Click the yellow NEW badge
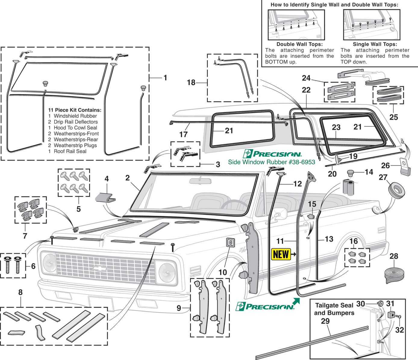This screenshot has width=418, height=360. [x=281, y=254]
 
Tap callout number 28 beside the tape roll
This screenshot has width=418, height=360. [x=394, y=256]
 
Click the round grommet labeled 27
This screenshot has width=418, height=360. [x=396, y=190]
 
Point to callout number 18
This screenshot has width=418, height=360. [x=191, y=82]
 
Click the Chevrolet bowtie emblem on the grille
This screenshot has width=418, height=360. [x=100, y=268]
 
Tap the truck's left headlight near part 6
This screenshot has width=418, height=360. [x=49, y=262]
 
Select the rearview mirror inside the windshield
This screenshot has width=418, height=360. [x=200, y=181]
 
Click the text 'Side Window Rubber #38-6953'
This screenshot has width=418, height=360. [x=271, y=162]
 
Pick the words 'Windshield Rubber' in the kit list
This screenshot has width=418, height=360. [x=75, y=116]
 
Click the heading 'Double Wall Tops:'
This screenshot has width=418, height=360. [x=299, y=44]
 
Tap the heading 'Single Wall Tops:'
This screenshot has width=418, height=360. [x=375, y=44]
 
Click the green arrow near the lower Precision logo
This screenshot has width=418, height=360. [x=296, y=301]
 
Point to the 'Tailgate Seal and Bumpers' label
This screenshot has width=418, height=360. [x=334, y=309]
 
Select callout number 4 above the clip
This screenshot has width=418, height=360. [x=107, y=179]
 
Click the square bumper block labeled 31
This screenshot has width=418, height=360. [x=391, y=315]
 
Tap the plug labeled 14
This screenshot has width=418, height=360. [x=350, y=173]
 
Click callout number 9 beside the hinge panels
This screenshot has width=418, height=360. [x=179, y=308]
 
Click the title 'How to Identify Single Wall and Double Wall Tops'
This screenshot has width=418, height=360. [x=334, y=5]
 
